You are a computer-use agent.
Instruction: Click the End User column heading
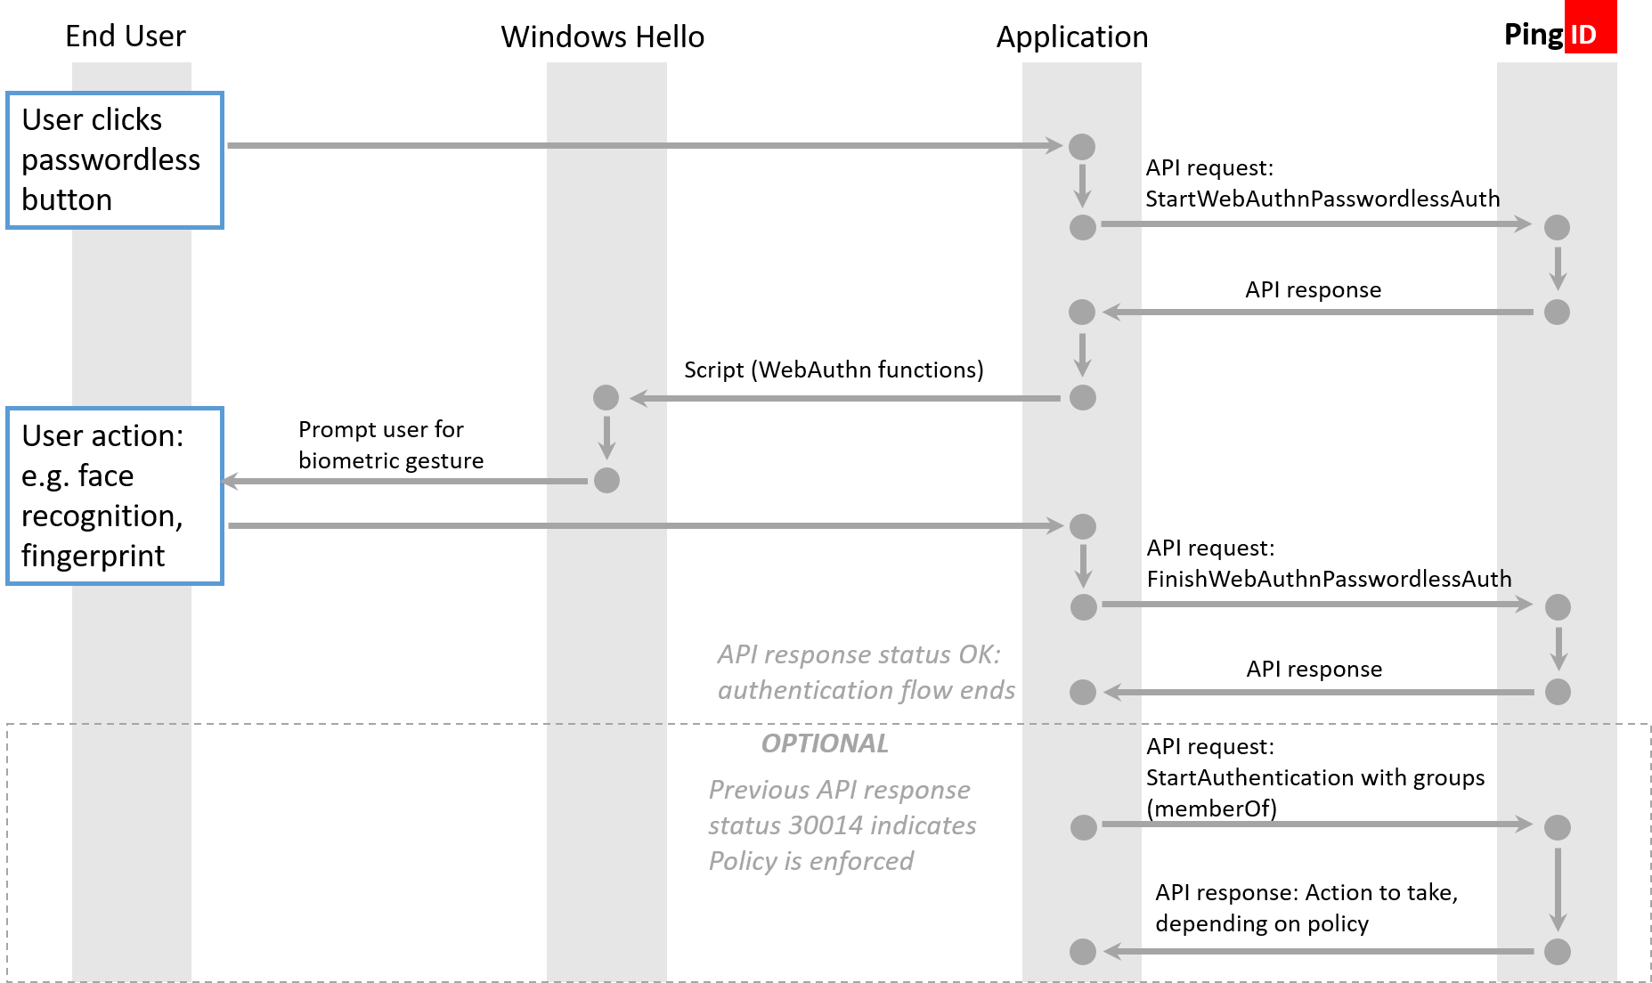point(126,37)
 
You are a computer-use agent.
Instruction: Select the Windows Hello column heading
point(602,37)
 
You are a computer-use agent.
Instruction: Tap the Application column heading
point(1071,37)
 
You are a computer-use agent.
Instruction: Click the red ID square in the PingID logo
point(1590,34)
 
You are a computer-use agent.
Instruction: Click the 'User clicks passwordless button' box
point(114,160)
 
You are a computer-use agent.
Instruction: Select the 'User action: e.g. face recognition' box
point(114,496)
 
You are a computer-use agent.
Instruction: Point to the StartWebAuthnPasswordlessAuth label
point(1322,199)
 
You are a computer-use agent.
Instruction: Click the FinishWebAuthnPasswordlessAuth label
point(1328,579)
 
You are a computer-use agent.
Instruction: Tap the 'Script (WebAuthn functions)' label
point(833,370)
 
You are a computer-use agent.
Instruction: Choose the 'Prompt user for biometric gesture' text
point(390,445)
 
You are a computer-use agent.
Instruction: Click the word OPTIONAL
point(825,743)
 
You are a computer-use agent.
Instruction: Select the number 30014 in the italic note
point(826,825)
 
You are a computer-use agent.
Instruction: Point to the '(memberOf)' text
point(1211,808)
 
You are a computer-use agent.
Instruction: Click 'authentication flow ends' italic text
point(866,690)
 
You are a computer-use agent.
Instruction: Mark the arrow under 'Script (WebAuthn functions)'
point(846,398)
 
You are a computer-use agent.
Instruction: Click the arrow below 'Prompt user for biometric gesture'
point(405,482)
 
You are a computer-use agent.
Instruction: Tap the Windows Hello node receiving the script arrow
point(606,398)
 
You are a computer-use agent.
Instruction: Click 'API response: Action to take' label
point(1306,892)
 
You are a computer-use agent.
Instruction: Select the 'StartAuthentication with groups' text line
point(1314,777)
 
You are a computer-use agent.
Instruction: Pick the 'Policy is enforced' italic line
point(810,861)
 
